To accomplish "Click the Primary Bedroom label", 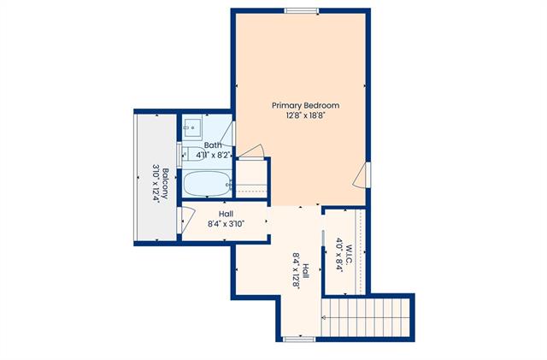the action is pos(305,105).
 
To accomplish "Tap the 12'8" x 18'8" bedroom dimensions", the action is pos(305,115).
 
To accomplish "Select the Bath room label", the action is pos(213,145).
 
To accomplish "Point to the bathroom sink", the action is pos(192,127).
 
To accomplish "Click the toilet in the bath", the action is pos(191,154).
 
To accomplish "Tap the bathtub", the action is pos(207,184).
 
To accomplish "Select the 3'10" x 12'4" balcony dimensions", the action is pos(156,184).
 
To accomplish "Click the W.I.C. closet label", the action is pos(349,254).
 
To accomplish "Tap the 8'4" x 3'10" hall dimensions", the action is pos(226,224).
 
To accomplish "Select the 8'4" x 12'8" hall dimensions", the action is pos(297,270).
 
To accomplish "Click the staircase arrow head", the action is pos(324,318).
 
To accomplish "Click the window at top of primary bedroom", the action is pos(302,11).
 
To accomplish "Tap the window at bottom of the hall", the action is pos(299,339).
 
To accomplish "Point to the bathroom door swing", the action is pos(227,134).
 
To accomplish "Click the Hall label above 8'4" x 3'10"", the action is pos(226,214).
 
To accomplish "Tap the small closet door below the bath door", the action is pos(250,152).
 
